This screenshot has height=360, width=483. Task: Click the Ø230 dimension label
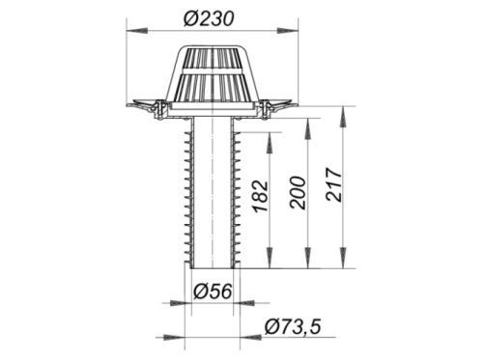(209, 19)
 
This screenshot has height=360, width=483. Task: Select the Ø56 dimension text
(213, 291)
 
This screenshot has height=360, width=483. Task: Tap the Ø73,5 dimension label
(293, 327)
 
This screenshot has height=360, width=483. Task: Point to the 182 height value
(261, 197)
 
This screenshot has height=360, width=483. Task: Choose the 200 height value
(298, 193)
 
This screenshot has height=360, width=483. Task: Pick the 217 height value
(334, 184)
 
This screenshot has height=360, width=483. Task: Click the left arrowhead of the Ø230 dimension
(137, 31)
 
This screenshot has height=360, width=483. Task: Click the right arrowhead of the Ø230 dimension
(288, 31)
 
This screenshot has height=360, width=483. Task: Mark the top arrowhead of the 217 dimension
(344, 117)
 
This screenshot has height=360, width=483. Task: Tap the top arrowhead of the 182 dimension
(270, 143)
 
